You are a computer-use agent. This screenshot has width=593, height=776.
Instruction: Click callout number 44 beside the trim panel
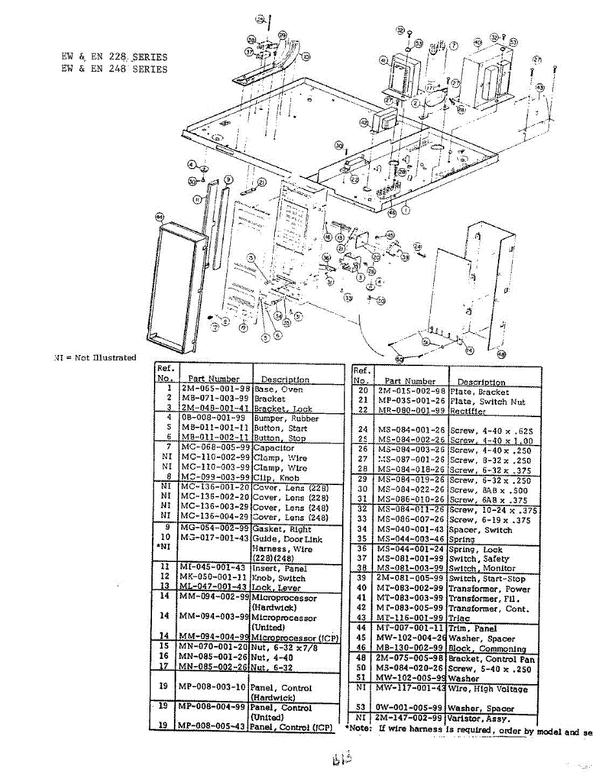(159, 217)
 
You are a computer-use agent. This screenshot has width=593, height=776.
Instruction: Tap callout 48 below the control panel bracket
(501, 354)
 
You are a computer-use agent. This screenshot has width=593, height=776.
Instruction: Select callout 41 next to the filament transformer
(383, 61)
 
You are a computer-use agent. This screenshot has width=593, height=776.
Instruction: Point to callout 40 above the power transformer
(477, 43)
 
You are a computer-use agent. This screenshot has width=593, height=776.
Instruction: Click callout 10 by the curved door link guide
(306, 56)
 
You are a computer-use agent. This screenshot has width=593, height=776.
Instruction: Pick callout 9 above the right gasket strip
(228, 179)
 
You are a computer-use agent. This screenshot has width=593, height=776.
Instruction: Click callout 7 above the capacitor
(454, 45)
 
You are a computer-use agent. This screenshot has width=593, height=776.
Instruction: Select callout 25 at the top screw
(260, 20)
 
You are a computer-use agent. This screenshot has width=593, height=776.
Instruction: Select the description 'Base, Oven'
(278, 389)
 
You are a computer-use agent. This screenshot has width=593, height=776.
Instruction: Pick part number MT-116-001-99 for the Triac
(411, 618)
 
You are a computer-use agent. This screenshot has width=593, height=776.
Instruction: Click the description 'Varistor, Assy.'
(479, 718)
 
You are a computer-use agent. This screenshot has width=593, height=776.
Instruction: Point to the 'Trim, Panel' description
(472, 628)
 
